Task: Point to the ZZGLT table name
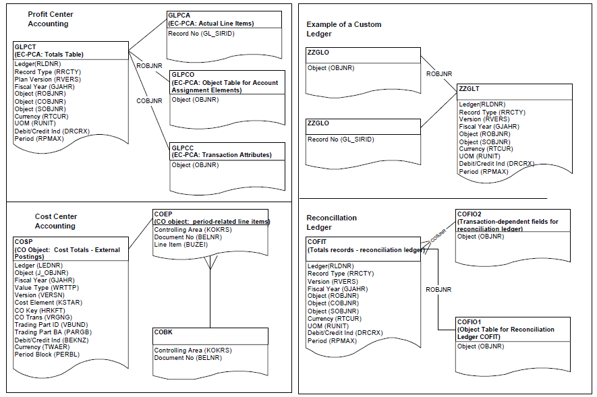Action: pyautogui.click(x=471, y=88)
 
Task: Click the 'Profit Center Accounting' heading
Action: pyautogui.click(x=51, y=19)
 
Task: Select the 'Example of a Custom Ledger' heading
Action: pyautogui.click(x=343, y=29)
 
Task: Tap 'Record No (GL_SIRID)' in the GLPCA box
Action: pyautogui.click(x=201, y=33)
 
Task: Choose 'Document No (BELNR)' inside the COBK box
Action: pyautogui.click(x=188, y=357)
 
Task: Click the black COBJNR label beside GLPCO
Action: pyautogui.click(x=149, y=101)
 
